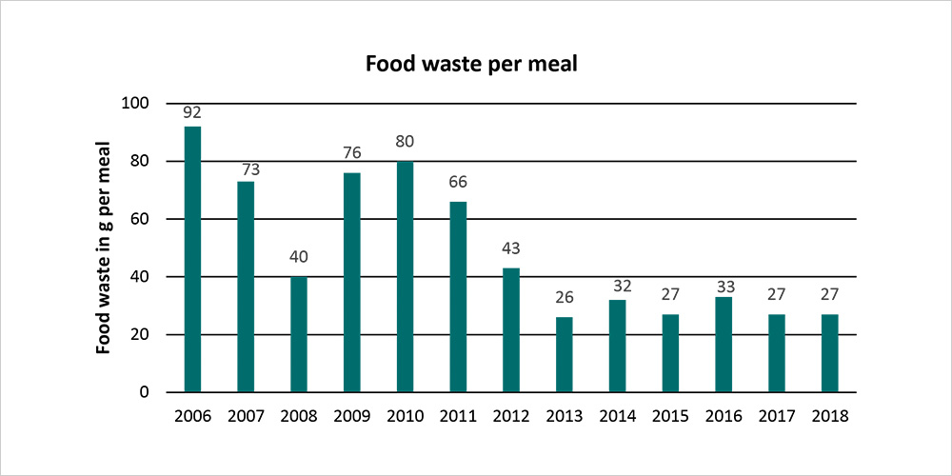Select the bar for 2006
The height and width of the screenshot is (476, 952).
tap(192, 259)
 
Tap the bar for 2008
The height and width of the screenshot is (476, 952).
tap(299, 334)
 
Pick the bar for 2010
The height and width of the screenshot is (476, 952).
tap(405, 276)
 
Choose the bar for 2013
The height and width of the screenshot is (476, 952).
tap(565, 354)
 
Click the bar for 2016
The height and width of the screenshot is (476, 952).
tap(724, 345)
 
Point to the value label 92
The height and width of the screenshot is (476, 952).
tap(192, 112)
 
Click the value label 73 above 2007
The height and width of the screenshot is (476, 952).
tap(246, 169)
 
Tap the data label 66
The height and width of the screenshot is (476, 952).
tap(458, 183)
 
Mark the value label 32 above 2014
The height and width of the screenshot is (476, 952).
tap(618, 286)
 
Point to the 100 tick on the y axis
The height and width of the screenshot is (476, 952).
tap(137, 103)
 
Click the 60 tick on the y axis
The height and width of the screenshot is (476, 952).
tap(141, 219)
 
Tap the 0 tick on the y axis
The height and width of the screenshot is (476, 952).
tap(145, 392)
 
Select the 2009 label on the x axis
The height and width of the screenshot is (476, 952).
tap(352, 415)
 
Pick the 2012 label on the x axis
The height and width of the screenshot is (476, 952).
tap(511, 415)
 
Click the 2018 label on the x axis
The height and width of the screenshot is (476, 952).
tap(830, 415)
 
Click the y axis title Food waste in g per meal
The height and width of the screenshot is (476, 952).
tap(104, 248)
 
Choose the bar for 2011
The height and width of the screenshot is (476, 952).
tap(458, 296)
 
